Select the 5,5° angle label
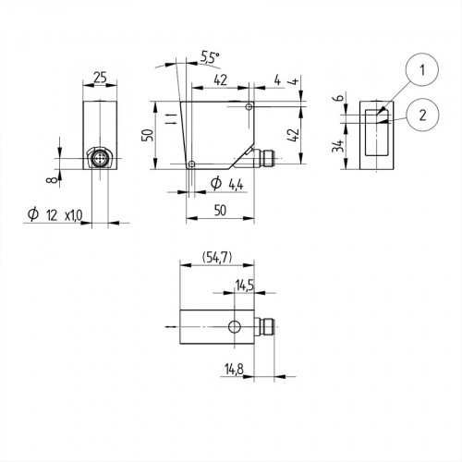[210, 57]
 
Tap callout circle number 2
[421, 115]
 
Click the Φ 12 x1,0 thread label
[56, 214]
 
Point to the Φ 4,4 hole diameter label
[227, 184]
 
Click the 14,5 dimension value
[246, 286]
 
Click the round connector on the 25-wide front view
[99, 159]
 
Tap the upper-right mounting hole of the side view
[249, 108]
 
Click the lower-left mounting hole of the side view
[191, 164]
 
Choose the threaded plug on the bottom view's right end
[269, 326]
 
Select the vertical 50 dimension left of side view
[147, 135]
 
